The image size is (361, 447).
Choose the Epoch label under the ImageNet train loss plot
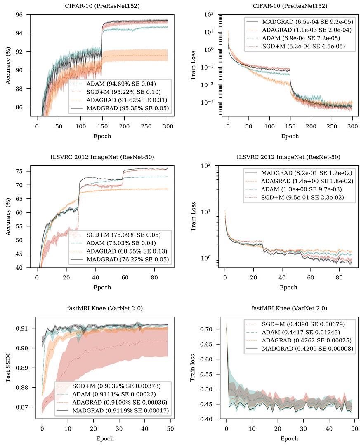click(288, 287)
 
